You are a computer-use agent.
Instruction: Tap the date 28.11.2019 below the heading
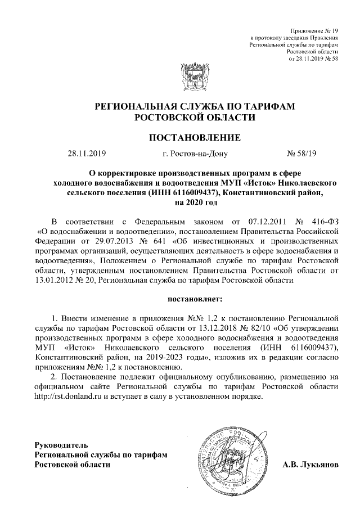(x=87, y=152)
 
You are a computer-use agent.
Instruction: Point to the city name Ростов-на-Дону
(x=194, y=152)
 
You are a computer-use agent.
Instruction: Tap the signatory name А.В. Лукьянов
(x=310, y=466)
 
